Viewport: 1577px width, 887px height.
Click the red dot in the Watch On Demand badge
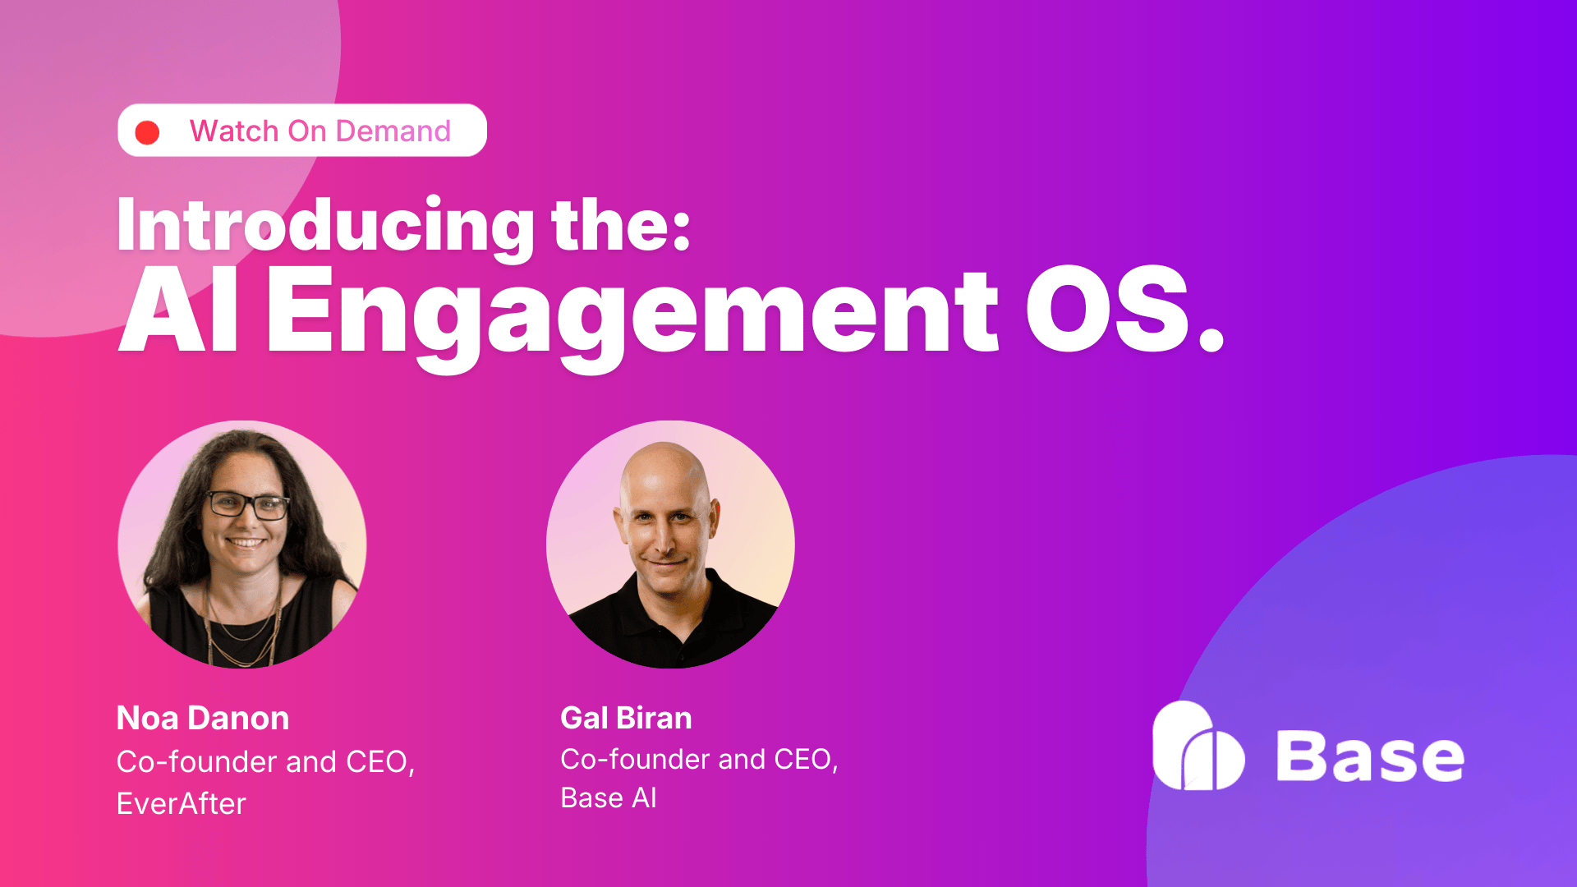[147, 132]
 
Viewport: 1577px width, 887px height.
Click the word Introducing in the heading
[325, 225]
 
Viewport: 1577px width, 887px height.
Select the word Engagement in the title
[632, 312]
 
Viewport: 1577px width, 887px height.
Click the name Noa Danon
[203, 719]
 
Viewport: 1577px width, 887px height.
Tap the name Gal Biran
[626, 719]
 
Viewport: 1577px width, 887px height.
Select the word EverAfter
[182, 804]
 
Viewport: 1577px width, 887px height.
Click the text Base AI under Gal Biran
[609, 798]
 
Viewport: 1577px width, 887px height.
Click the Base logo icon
[1198, 747]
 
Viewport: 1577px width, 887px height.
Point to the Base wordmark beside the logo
[1369, 756]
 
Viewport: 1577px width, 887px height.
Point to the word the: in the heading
[621, 225]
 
